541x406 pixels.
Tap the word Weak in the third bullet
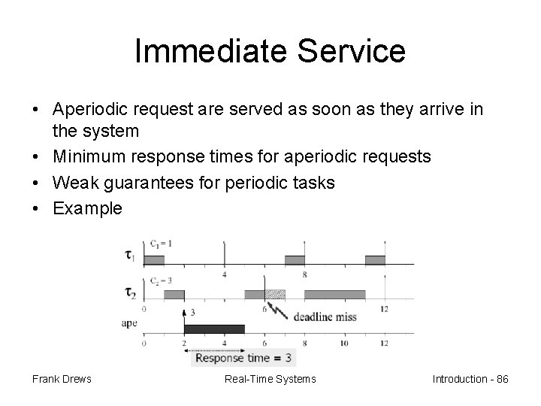tap(74, 183)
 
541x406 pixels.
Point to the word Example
tap(86, 208)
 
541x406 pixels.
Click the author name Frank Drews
tap(62, 379)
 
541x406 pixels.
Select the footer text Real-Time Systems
tap(270, 379)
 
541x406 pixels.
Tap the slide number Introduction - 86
tap(470, 379)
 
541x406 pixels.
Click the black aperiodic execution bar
tap(214, 329)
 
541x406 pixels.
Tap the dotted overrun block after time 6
tap(275, 294)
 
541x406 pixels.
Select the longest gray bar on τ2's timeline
tap(334, 294)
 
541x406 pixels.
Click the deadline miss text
tap(325, 317)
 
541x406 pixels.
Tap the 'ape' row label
tap(129, 323)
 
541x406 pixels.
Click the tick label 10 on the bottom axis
tap(343, 343)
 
